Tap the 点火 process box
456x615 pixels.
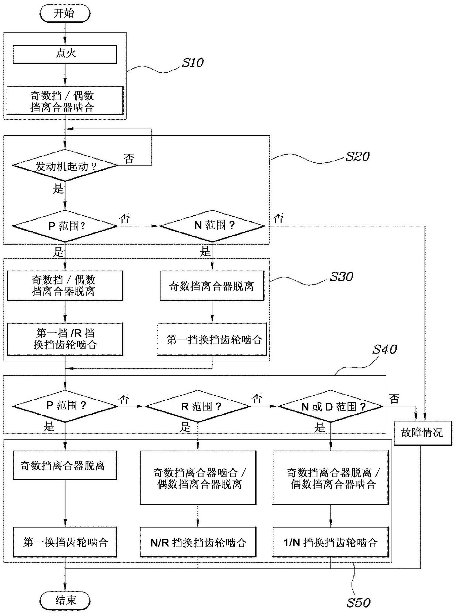pos(65,54)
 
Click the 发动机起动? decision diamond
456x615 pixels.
pos(65,166)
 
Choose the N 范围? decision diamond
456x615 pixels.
pos(212,226)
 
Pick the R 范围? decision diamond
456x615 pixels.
pos(198,406)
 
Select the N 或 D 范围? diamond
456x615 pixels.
pos(330,406)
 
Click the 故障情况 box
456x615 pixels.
pos(422,433)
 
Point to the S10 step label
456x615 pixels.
pos(192,63)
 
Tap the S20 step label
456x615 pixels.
pos(357,157)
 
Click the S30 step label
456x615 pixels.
pos(341,276)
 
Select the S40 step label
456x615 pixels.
pos(384,349)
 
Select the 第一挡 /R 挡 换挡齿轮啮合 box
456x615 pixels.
pos(65,339)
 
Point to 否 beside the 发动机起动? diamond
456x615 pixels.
pos(129,159)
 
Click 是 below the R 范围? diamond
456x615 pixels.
pos(185,427)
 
